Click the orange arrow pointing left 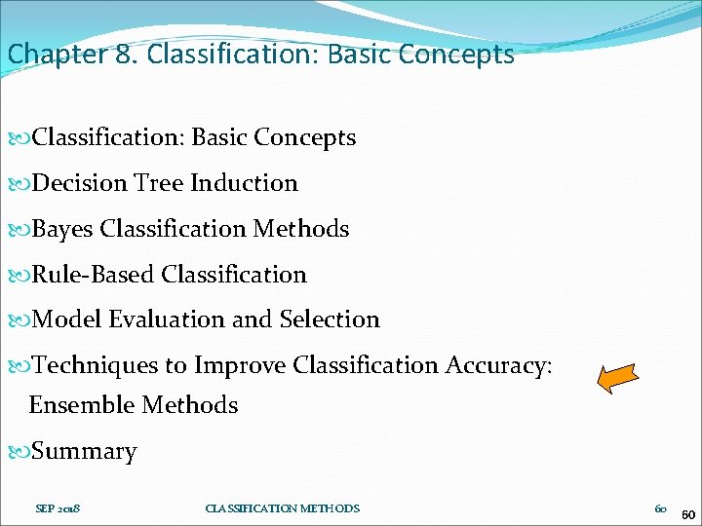(617, 377)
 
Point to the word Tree (159, 183)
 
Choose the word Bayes (62, 229)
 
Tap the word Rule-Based (94, 275)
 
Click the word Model (67, 319)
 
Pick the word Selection (330, 319)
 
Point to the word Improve (239, 365)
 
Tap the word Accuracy (498, 365)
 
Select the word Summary (85, 451)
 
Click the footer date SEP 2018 (58, 508)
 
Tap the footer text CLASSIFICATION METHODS (282, 508)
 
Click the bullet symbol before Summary (22, 451)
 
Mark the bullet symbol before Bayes (22, 229)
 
